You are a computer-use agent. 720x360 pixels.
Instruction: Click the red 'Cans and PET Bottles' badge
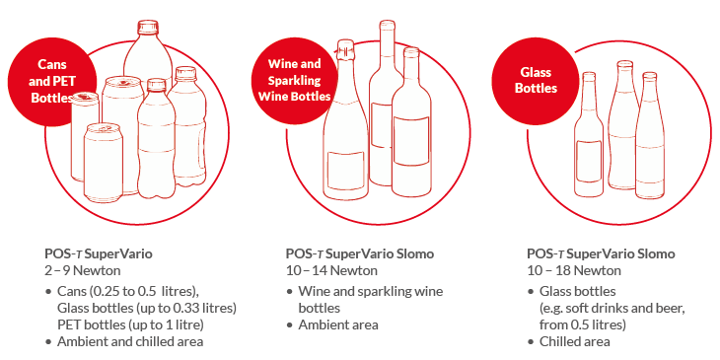tap(52, 81)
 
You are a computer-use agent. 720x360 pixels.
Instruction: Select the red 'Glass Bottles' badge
tap(536, 80)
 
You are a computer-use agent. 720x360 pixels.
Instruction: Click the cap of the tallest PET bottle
tap(148, 28)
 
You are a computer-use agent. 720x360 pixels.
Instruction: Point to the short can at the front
tap(104, 162)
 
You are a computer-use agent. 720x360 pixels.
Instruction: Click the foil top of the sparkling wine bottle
tap(345, 50)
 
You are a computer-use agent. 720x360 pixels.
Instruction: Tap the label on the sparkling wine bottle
tap(346, 170)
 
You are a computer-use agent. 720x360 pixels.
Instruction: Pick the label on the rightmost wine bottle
tap(411, 141)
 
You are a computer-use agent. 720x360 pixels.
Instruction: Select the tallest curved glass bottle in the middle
tap(624, 125)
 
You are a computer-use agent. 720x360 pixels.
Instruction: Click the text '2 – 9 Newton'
tap(83, 270)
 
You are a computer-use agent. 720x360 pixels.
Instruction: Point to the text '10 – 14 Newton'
tap(331, 270)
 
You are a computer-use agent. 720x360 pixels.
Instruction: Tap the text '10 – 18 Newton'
tap(573, 270)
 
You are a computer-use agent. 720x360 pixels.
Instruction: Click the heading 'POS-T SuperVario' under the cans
tap(99, 253)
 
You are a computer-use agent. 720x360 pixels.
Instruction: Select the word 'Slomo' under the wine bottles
tap(414, 253)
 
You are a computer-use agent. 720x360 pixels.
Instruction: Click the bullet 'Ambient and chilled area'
tap(130, 341)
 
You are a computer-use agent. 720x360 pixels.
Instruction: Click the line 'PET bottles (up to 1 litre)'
tap(130, 324)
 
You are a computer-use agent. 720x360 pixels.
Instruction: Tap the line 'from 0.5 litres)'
tap(583, 324)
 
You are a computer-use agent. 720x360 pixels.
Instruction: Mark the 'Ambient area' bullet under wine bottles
tap(338, 325)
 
